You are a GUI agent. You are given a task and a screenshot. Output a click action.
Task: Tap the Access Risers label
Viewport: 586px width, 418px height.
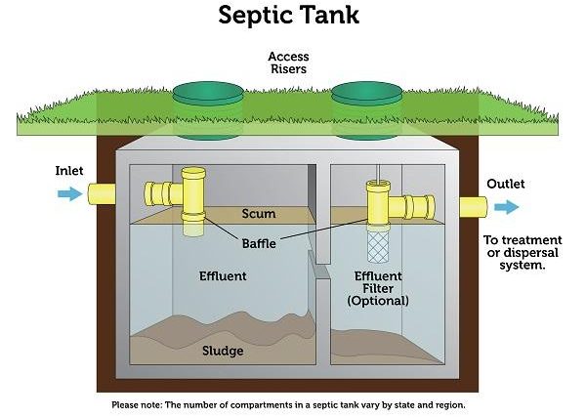pyautogui.click(x=288, y=63)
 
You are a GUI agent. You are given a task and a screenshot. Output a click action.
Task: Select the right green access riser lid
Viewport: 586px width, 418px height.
pyautogui.click(x=367, y=95)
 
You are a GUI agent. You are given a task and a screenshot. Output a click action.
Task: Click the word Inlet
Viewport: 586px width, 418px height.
pyautogui.click(x=70, y=171)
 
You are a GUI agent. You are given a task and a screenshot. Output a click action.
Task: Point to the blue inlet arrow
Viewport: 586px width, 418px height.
pyautogui.click(x=69, y=193)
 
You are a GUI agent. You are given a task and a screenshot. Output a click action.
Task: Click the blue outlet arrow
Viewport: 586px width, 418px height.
pyautogui.click(x=507, y=206)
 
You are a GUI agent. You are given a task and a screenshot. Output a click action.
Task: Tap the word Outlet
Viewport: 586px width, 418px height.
pyautogui.click(x=505, y=184)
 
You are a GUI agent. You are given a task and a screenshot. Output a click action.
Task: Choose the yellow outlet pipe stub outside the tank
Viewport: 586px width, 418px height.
pyautogui.click(x=474, y=206)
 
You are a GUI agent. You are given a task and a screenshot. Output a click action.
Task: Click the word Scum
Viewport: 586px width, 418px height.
pyautogui.click(x=258, y=214)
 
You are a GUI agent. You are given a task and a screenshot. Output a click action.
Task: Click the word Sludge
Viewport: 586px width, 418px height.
pyautogui.click(x=223, y=351)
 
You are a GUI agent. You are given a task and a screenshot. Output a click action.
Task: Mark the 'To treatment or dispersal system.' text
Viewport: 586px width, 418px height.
pyautogui.click(x=523, y=252)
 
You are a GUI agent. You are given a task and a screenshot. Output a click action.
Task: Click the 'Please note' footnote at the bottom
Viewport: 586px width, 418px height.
pyautogui.click(x=292, y=404)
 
